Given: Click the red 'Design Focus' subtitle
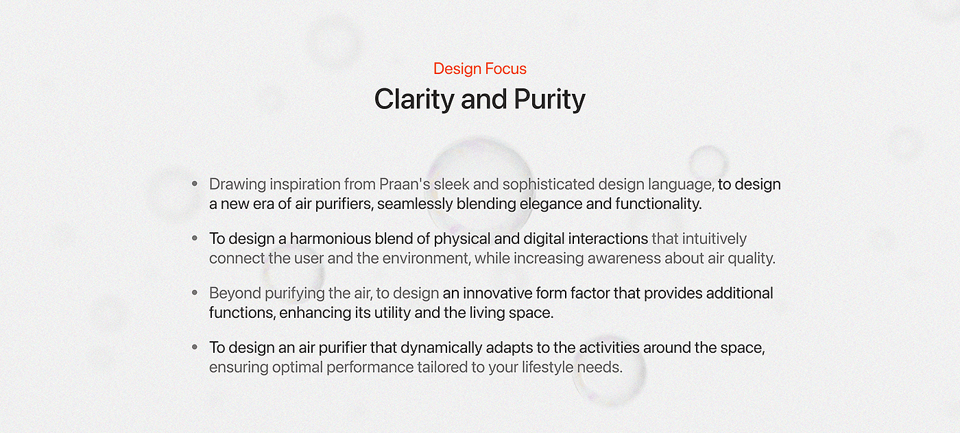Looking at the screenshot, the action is coord(479,69).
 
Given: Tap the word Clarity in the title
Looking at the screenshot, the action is coord(414,99).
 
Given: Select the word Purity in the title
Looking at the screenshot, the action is coord(549,99).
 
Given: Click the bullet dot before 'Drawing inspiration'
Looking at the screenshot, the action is coord(195,184).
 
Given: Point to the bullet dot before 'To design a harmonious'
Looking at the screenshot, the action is coord(195,238).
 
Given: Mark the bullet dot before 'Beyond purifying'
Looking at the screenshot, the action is coord(195,293).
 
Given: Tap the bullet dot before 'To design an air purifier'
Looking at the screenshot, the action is coord(195,347).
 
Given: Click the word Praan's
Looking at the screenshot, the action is coord(405,184).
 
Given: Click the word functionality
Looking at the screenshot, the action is coord(659,204).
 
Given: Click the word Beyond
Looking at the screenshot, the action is coord(235,293).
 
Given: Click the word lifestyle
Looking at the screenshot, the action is coord(547,367).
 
